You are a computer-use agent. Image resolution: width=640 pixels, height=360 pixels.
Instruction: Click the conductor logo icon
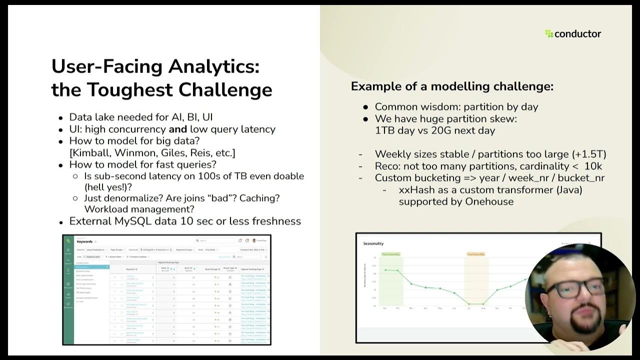point(549,34)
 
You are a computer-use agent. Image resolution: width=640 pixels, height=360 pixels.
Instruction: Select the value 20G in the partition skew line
point(444,130)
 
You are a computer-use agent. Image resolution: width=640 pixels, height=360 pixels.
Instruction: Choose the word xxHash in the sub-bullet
point(415,190)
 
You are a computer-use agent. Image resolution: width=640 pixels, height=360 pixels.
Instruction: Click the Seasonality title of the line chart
point(373,243)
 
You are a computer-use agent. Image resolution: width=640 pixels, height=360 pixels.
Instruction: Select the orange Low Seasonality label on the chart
point(476,254)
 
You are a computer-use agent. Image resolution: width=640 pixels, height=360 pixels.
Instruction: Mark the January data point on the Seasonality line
point(385,270)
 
